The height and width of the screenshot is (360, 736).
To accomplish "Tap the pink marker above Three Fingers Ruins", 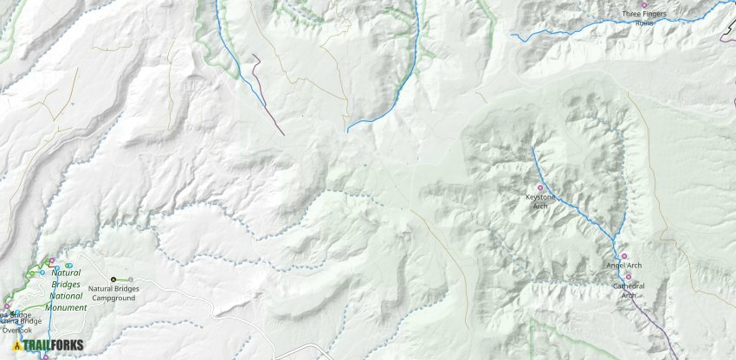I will click(x=643, y=5).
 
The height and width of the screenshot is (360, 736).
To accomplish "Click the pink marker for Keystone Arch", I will click(x=540, y=188).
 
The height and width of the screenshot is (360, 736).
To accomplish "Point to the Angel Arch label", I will click(x=623, y=265).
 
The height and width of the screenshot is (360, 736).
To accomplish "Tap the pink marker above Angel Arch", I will click(x=624, y=255).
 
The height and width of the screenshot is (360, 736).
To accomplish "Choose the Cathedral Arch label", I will click(x=628, y=290).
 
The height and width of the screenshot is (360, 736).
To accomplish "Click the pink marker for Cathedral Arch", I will click(x=629, y=277).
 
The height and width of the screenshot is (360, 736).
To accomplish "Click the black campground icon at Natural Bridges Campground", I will click(x=113, y=280).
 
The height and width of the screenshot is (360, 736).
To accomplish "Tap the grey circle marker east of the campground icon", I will click(x=132, y=280).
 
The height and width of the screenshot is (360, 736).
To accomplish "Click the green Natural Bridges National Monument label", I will click(x=66, y=290).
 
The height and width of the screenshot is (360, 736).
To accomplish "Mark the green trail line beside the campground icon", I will click(x=122, y=280).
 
